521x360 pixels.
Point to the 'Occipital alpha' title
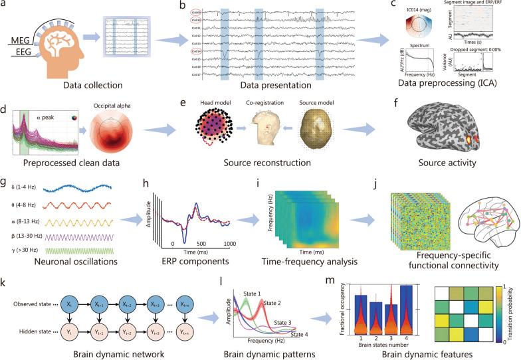tap(136, 104)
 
